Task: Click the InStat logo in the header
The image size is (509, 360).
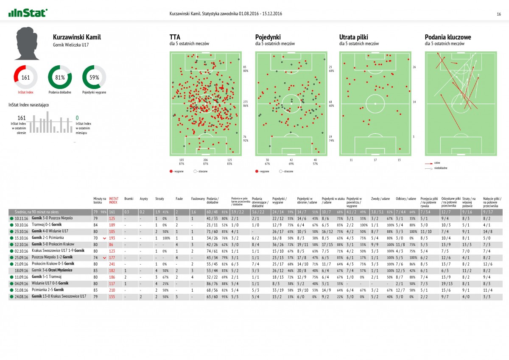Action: click(28, 13)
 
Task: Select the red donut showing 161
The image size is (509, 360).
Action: click(25, 77)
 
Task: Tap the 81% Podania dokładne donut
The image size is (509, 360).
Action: click(60, 77)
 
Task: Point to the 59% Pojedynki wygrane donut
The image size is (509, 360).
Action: click(94, 77)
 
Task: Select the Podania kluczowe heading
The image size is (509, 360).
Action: click(448, 37)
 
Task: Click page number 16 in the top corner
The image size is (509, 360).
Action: click(499, 14)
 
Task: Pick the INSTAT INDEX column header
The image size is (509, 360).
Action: click(114, 200)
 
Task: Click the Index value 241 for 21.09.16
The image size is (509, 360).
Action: click(112, 263)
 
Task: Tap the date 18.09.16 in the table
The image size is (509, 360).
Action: click(21, 270)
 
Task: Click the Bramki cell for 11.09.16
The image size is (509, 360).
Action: click(126, 276)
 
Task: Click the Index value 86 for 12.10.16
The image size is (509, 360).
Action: click(112, 244)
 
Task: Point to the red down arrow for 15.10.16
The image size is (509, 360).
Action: click(104, 238)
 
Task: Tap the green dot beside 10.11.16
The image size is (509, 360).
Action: click(11, 218)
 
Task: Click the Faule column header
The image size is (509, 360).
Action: click(179, 198)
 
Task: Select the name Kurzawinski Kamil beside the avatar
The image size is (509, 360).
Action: click(77, 37)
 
